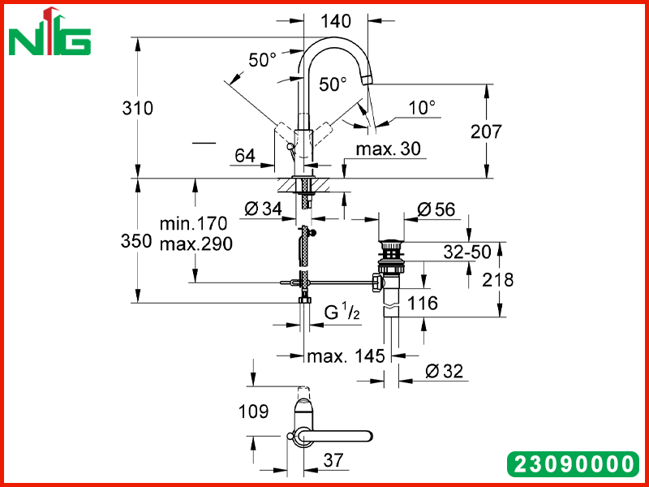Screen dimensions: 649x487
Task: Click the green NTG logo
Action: click(49, 32)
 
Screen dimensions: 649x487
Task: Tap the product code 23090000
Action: click(573, 464)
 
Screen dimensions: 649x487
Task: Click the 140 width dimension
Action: click(336, 21)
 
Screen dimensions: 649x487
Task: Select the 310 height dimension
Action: click(137, 109)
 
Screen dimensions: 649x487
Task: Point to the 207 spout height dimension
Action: click(486, 131)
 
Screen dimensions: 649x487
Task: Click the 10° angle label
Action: click(422, 108)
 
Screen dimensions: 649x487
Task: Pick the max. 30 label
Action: click(389, 149)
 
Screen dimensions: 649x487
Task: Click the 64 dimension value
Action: click(245, 156)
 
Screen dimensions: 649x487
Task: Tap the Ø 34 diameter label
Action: click(263, 209)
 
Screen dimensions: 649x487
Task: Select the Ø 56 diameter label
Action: click(436, 209)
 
